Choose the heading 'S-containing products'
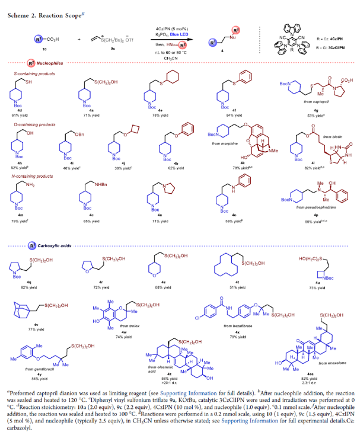pos(30,73)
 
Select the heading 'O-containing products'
pos(30,125)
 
